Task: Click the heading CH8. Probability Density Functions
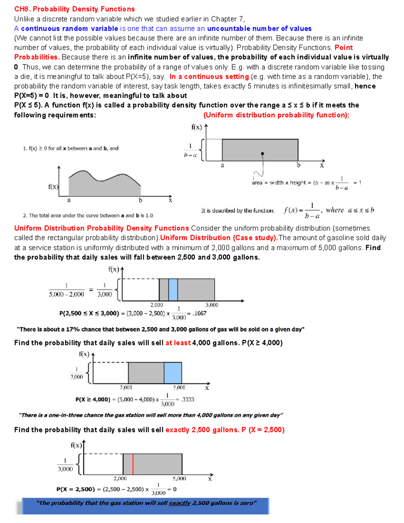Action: (74, 9)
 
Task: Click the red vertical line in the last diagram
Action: (133, 464)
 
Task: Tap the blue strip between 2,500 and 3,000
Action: (173, 290)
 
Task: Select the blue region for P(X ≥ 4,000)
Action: (173, 373)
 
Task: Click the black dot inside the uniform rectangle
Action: (263, 154)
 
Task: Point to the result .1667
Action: (199, 313)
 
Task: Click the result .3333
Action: (188, 399)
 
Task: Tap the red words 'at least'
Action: (178, 343)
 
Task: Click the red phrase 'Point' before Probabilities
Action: (343, 47)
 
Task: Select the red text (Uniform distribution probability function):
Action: (276, 115)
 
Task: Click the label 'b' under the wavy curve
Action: (140, 200)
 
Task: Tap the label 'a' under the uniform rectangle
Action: (222, 165)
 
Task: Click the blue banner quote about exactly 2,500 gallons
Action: (146, 503)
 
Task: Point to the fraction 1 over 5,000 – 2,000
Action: (66, 290)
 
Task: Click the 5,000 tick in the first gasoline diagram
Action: (212, 305)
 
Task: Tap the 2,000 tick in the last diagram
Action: (120, 478)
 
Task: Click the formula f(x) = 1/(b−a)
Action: (301, 210)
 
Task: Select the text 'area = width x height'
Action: (279, 183)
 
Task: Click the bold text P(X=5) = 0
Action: (31, 96)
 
